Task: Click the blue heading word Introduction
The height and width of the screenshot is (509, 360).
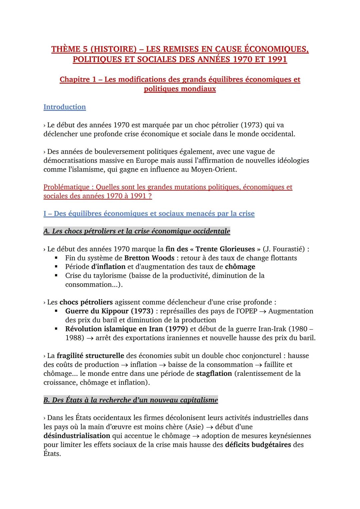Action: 64,107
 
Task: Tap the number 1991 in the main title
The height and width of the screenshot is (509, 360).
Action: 272,60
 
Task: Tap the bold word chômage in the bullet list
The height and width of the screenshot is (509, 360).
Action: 240,267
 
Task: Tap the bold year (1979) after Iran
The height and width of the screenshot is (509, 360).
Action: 176,329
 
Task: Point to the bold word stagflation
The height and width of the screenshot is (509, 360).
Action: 214,373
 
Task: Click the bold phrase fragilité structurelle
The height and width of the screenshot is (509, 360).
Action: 90,356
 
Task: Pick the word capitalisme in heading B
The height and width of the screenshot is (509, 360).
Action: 199,400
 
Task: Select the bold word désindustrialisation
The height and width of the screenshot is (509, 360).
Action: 77,436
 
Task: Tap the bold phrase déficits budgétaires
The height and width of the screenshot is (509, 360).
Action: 258,445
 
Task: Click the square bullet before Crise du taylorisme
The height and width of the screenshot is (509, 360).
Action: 57,276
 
